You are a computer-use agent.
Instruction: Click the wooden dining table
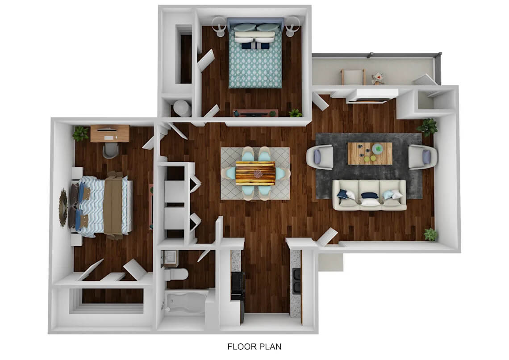255,173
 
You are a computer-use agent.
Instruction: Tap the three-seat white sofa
369,195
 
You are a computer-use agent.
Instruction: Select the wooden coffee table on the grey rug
370,153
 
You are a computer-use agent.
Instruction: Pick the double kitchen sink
297,281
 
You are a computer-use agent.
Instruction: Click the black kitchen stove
237,286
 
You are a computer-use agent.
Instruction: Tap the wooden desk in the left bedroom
110,134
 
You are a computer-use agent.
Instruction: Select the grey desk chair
111,150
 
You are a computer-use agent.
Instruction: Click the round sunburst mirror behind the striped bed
63,208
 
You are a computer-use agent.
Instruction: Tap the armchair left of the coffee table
320,157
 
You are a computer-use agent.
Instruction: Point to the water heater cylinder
181,108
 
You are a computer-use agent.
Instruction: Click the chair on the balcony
353,77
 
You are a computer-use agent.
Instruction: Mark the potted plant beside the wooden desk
80,133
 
